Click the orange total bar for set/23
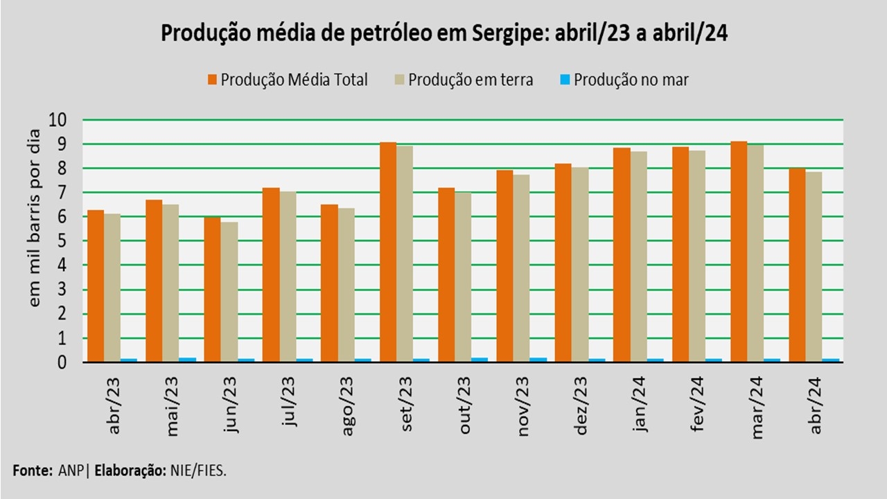[x=387, y=252]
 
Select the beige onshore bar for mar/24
[x=755, y=253]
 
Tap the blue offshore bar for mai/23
[x=187, y=360]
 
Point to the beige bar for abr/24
[x=814, y=267]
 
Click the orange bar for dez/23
[x=563, y=263]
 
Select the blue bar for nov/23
[x=538, y=360]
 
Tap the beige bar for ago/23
[x=346, y=285]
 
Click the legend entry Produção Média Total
[x=288, y=80]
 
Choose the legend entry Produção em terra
[x=464, y=80]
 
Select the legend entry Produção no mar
[x=624, y=80]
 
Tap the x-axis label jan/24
[x=640, y=405]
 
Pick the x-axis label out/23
[x=466, y=405]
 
